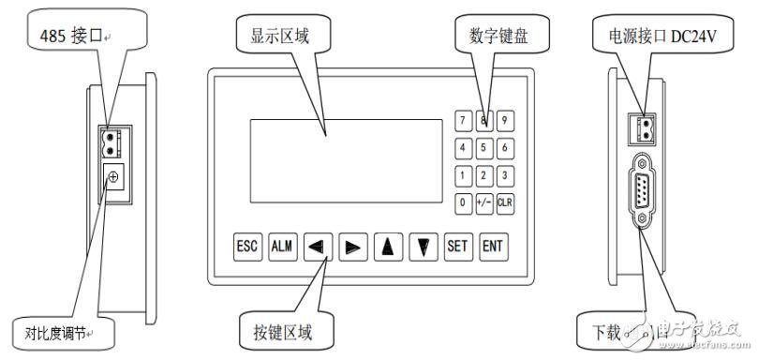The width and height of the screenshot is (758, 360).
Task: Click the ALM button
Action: coord(280,247)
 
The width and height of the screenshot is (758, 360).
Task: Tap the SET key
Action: coord(456,247)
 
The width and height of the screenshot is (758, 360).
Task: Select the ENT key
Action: coord(491,247)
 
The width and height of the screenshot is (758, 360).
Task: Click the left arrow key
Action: coord(316,247)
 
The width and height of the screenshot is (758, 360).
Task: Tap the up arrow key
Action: coord(386,247)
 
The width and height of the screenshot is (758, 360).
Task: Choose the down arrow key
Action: coord(422,247)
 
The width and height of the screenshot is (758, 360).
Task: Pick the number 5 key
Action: coord(483,147)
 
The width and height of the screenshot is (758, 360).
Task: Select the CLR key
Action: coord(505,202)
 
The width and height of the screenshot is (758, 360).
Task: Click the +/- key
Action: coord(483,202)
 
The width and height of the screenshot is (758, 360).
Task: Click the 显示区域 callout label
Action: coord(278,37)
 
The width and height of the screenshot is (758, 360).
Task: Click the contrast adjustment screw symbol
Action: coord(114,176)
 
